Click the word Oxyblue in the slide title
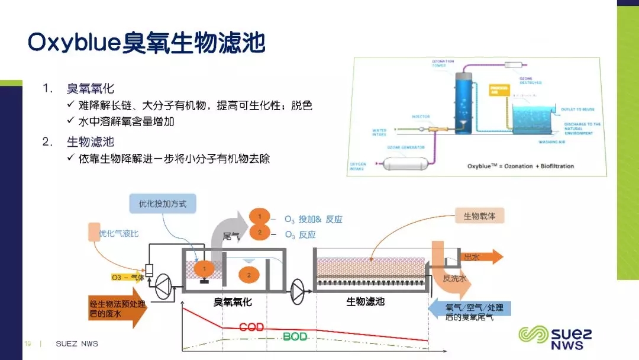(x=74, y=43)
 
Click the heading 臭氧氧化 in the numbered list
(x=91, y=89)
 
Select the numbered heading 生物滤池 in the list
(x=91, y=142)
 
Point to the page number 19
(x=27, y=343)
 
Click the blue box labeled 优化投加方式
(x=163, y=204)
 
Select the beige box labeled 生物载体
(x=479, y=216)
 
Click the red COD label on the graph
(x=251, y=327)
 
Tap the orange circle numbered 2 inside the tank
(x=249, y=275)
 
